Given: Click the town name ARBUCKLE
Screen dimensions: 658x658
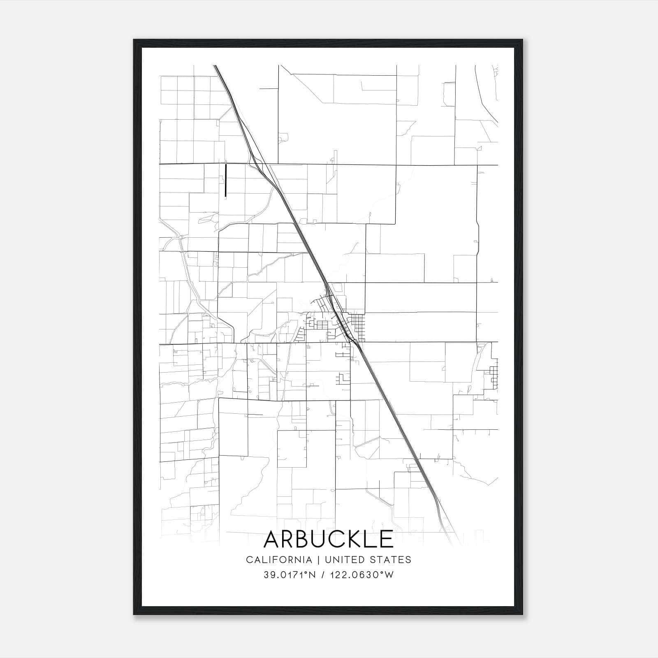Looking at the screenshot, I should pyautogui.click(x=328, y=539).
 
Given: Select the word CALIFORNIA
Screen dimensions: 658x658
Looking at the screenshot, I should pyautogui.click(x=279, y=560).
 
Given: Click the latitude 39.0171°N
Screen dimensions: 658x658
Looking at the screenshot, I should pyautogui.click(x=290, y=575).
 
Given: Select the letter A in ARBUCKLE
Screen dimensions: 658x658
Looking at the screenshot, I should pyautogui.click(x=273, y=539).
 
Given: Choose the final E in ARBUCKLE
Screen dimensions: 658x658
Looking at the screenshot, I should pyautogui.click(x=386, y=539).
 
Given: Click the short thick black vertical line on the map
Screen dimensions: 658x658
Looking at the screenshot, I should pyautogui.click(x=226, y=180).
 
